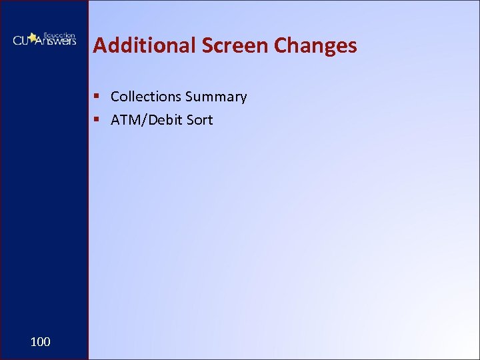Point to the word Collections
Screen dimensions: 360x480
(x=146, y=97)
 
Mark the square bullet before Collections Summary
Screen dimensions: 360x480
(x=97, y=97)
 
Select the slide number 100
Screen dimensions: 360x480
(x=40, y=342)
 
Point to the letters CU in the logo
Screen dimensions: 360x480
(x=21, y=40)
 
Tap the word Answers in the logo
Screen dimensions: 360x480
(x=57, y=42)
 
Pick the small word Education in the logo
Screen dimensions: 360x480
(x=59, y=34)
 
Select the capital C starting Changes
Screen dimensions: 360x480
(x=282, y=45)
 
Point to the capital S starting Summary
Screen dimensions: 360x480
(x=189, y=97)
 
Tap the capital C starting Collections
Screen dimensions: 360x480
(x=115, y=97)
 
